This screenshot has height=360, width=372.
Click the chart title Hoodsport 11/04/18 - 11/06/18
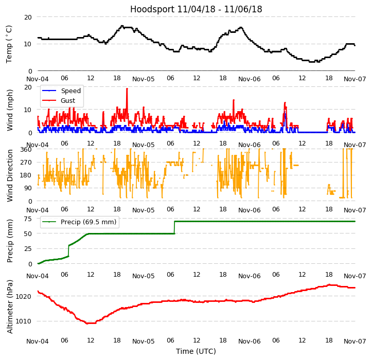tap(196, 9)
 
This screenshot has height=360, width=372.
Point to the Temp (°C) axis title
tap(9, 44)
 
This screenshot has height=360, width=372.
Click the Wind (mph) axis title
tap(10, 110)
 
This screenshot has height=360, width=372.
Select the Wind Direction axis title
tap(10, 175)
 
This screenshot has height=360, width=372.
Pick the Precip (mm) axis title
tap(10, 241)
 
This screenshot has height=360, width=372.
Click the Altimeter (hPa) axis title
tap(10, 307)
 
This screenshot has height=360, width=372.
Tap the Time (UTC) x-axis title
tap(196, 351)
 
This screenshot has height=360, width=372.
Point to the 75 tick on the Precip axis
tap(28, 219)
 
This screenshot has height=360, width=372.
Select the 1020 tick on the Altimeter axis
tap(24, 296)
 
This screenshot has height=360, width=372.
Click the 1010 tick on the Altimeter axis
tap(24, 321)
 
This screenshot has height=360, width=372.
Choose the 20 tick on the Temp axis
tap(28, 17)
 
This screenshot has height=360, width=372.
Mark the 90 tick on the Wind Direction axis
tap(28, 188)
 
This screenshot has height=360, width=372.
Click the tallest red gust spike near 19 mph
tap(127, 89)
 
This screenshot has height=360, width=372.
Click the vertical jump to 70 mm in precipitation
tap(174, 227)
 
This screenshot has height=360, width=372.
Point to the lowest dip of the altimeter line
tap(90, 323)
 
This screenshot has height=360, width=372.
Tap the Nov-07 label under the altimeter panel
tap(355, 341)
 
